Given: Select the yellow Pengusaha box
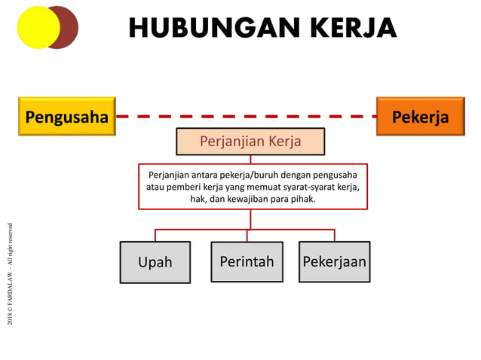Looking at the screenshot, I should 66,117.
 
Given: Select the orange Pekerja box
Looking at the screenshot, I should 420,117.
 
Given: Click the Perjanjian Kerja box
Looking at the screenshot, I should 250,142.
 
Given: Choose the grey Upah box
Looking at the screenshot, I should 155,262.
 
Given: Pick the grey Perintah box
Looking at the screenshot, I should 247,261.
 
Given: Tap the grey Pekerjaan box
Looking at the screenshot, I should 334,261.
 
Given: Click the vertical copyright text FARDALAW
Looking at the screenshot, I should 11,275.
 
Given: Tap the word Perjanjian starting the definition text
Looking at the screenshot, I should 168,174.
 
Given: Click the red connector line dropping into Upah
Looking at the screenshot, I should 155,235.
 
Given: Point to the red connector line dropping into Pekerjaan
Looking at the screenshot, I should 334,235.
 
